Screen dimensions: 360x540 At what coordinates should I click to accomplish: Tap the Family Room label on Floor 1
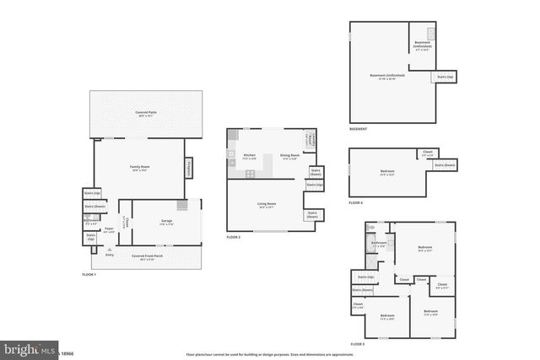pyautogui.click(x=138, y=169)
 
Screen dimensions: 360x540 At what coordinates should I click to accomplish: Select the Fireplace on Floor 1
pyautogui.click(x=187, y=169)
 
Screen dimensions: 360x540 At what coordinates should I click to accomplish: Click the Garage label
pyautogui.click(x=167, y=222)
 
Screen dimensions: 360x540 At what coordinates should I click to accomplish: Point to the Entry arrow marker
pyautogui.click(x=109, y=250)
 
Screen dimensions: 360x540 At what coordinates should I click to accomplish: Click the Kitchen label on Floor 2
pyautogui.click(x=250, y=155)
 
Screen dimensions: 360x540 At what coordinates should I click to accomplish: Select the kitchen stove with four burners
pyautogui.click(x=250, y=174)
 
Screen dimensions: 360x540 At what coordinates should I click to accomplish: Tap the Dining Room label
pyautogui.click(x=289, y=155)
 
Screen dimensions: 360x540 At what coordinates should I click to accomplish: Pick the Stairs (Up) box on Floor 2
pyautogui.click(x=314, y=185)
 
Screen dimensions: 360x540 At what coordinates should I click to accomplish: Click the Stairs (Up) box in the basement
pyautogui.click(x=444, y=78)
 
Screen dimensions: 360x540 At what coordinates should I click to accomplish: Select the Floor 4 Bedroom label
pyautogui.click(x=387, y=172)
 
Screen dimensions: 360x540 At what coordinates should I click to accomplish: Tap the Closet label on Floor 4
pyautogui.click(x=428, y=153)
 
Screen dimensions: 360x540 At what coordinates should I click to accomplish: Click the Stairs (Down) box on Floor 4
pyautogui.click(x=445, y=165)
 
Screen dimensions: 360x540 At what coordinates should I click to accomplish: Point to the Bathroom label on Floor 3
pyautogui.click(x=379, y=244)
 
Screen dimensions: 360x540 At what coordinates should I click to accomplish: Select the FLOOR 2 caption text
pyautogui.click(x=234, y=238)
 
